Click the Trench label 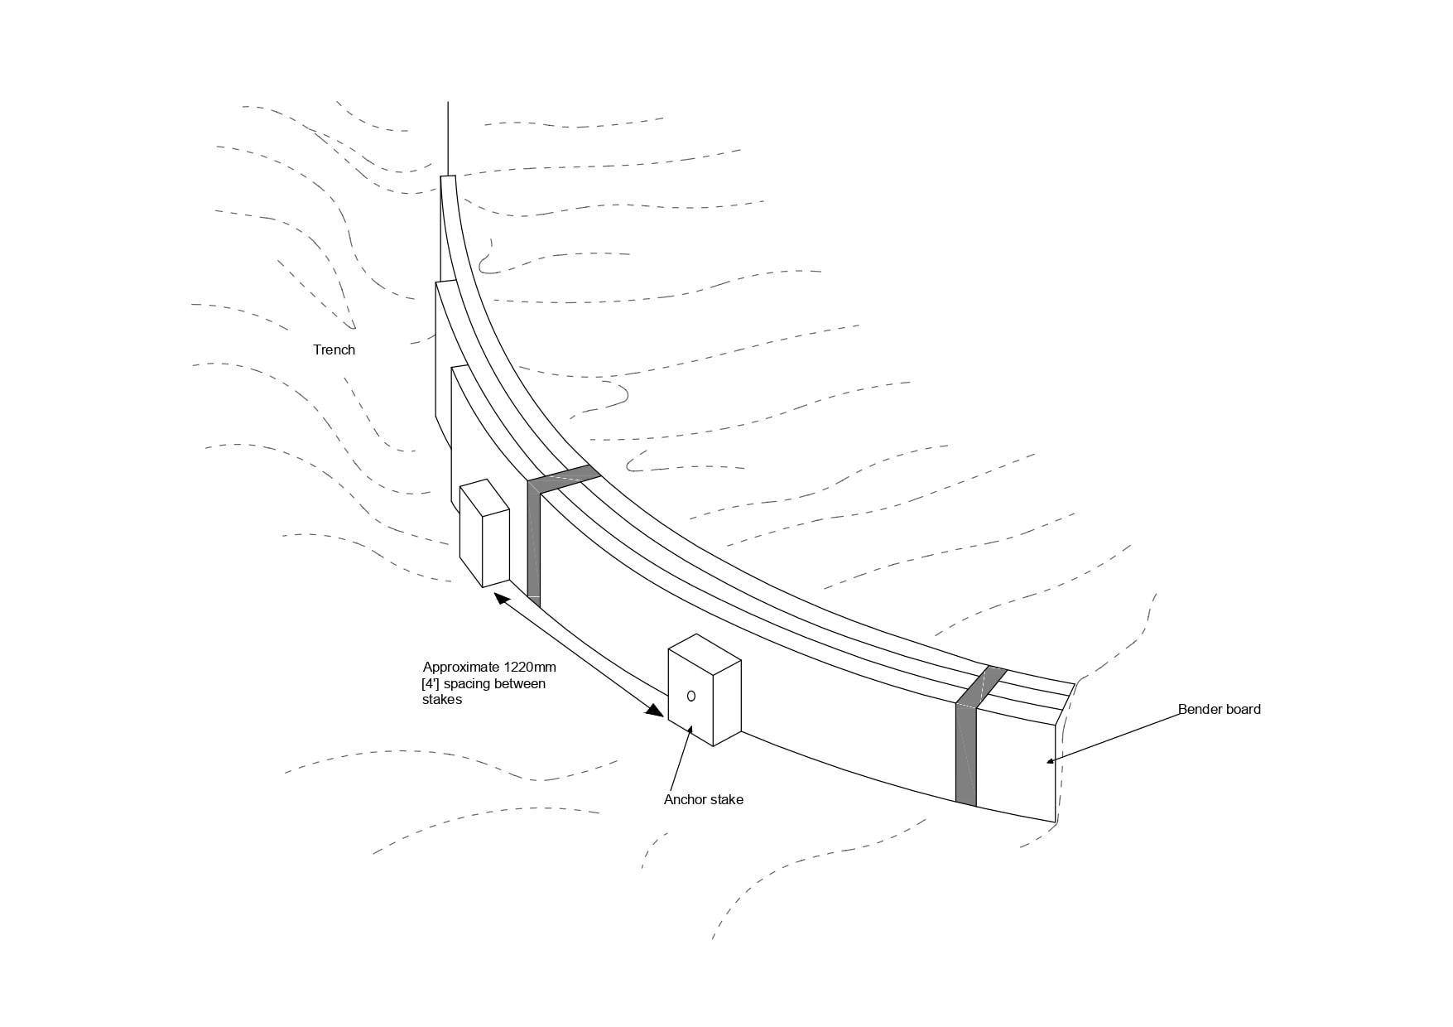pos(334,350)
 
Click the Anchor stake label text pos(703,799)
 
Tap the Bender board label pos(1219,709)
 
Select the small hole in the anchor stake pos(691,697)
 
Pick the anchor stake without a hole pos(484,534)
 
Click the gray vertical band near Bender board pos(965,754)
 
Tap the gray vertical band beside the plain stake pos(534,547)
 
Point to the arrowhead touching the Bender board pos(1051,760)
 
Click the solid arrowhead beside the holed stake pos(657,711)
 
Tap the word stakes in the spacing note pos(441,699)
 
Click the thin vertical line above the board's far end pos(448,137)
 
